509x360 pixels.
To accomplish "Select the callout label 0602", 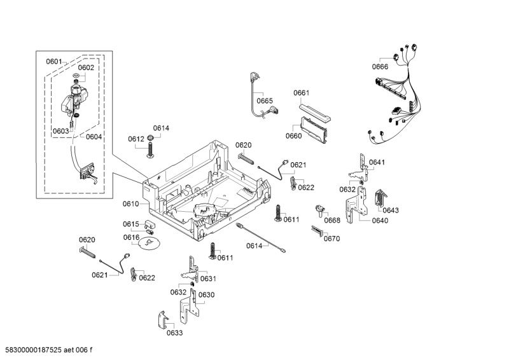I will pos(86,67).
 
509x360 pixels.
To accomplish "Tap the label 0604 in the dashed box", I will pos(94,137).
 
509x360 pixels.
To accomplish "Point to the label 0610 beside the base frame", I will pos(130,204).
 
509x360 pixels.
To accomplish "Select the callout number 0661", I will pos(301,93).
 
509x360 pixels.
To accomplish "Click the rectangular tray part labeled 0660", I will pos(314,130).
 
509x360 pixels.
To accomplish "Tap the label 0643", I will pos(391,211).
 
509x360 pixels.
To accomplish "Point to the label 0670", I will pos(331,239).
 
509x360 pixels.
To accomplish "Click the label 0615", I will pos(130,224).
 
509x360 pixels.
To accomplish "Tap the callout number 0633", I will pos(175,333).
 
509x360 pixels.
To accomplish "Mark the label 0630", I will pos(206,294).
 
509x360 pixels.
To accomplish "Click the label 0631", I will pos(208,279).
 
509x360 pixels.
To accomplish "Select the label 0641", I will pos(377,162).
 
